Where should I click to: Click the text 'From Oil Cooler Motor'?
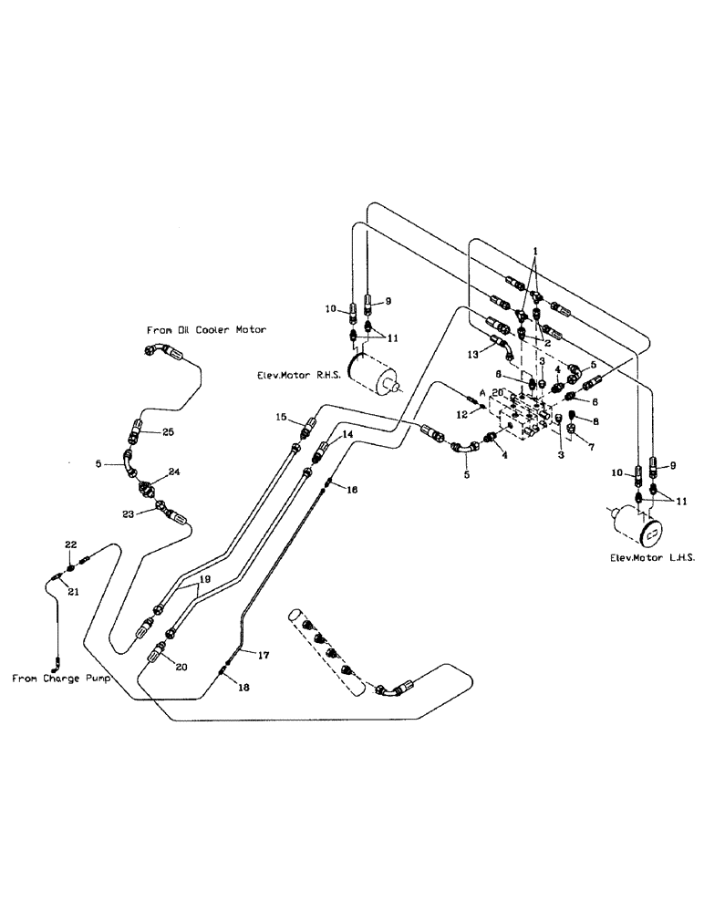click(x=206, y=330)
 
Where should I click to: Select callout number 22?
click(x=70, y=544)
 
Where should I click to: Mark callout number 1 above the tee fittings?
click(x=536, y=250)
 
